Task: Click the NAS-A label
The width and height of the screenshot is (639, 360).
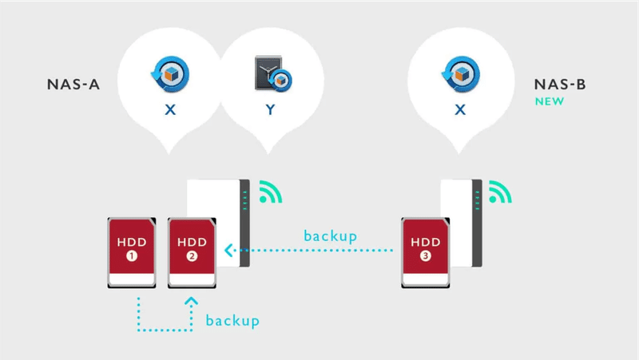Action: (73, 85)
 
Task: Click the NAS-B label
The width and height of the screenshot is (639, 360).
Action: (560, 85)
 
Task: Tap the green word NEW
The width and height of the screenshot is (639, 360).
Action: (550, 101)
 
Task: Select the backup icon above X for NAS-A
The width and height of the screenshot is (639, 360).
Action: (170, 74)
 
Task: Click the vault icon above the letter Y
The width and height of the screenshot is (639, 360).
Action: (273, 73)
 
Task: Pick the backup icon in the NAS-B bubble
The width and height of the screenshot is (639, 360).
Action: (461, 74)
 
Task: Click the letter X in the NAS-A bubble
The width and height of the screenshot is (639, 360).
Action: (170, 109)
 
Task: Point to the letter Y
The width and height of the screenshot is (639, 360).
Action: (270, 109)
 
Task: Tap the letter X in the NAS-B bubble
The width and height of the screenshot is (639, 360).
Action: (460, 109)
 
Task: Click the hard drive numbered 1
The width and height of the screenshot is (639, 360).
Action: (132, 253)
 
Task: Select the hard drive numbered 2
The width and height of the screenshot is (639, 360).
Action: (192, 253)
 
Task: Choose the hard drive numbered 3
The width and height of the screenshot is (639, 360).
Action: (426, 253)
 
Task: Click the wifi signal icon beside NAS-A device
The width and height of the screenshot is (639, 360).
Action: (271, 192)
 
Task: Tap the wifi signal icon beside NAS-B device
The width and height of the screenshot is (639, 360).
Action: (501, 192)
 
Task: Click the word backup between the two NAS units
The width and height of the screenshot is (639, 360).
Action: (331, 235)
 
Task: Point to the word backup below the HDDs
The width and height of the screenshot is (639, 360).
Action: (232, 321)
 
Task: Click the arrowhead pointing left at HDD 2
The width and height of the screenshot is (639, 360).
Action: (228, 250)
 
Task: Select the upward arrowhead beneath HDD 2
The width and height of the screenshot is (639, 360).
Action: (191, 302)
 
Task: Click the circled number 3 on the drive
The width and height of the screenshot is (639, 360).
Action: (426, 256)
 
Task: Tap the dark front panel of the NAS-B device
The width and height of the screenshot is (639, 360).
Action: (477, 224)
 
